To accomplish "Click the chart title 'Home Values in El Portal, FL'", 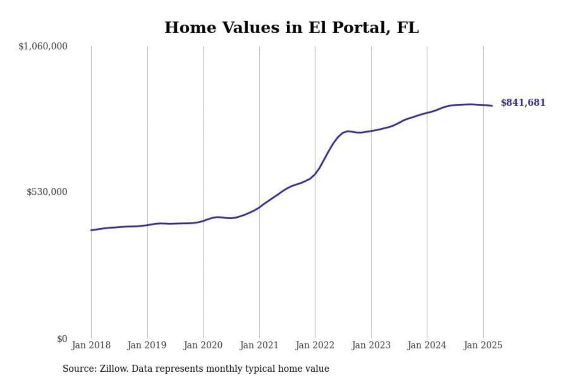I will pos(291,28).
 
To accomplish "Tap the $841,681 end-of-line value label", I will pos(523,103).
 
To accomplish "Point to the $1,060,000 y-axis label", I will pos(43,46).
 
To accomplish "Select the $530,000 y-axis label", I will pos(47,192).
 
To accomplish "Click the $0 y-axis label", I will pos(62,339).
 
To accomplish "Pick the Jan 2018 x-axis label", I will pos(91,345).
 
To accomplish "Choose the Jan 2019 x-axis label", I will pos(147,345).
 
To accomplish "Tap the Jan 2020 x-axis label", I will pos(203,345).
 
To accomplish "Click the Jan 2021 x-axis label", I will pos(259,345).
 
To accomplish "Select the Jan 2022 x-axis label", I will pos(315,345).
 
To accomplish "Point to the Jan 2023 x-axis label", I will pos(371,345).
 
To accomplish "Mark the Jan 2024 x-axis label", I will pos(427,345).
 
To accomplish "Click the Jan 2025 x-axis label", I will pos(483,345).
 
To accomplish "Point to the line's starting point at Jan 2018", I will pos(92,230).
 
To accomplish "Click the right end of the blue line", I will pos(492,106).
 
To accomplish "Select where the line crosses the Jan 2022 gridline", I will pos(315,173).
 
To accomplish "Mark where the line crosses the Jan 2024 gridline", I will pos(427,113).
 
